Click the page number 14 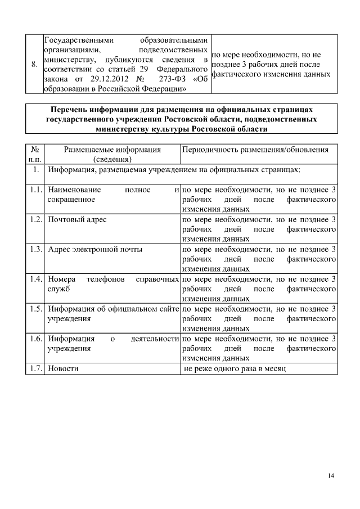[331, 476]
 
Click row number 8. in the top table [34, 65]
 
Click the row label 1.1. [36, 190]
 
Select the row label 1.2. [36, 219]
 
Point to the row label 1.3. [36, 249]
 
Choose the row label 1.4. [36, 279]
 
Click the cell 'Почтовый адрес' [77, 219]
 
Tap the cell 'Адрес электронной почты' [95, 249]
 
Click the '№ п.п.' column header [35, 154]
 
